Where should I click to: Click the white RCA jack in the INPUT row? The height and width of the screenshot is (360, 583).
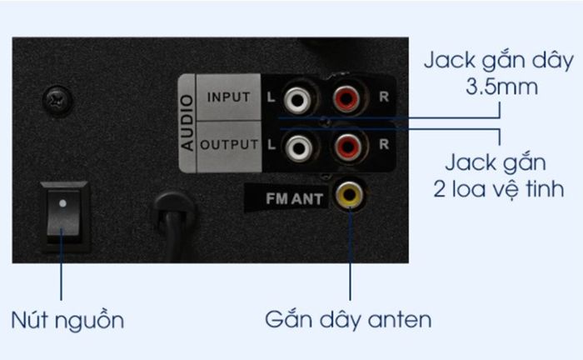point(297,99)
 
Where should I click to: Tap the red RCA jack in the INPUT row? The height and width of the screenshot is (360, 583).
point(346,98)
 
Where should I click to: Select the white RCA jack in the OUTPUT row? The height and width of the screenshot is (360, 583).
point(298,147)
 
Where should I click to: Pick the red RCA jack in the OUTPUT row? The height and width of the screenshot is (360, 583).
point(348,146)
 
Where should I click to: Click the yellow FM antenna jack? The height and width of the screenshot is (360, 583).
point(349,194)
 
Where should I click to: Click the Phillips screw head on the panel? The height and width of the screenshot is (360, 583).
point(57,100)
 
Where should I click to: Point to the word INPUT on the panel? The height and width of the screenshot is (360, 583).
point(228,97)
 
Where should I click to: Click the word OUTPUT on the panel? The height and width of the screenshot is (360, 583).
point(229,144)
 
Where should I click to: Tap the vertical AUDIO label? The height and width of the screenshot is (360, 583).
point(187,122)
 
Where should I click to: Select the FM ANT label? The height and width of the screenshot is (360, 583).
point(294,199)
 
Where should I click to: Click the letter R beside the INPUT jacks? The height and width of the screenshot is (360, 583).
point(384,97)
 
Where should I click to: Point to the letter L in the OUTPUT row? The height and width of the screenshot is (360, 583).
point(272,145)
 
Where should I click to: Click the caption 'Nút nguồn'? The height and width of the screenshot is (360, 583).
point(67,320)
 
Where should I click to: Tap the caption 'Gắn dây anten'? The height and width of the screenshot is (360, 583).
point(348,319)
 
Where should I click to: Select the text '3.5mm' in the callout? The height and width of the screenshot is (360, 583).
point(501,87)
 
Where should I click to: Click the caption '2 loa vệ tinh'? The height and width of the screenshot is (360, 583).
point(499,188)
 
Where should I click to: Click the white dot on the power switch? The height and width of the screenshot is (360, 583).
point(62,203)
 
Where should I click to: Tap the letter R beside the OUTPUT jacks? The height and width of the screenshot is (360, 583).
point(384,144)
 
